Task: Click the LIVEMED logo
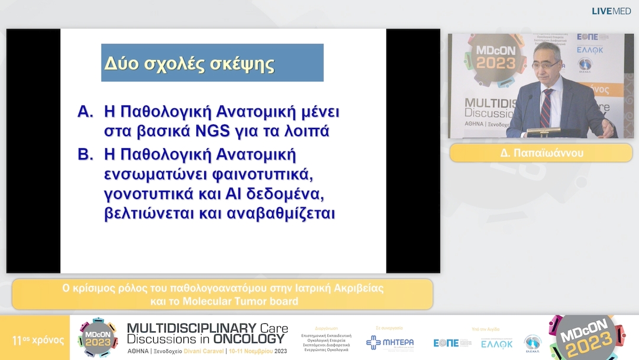pos(611,11)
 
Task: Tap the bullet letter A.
pos(86,111)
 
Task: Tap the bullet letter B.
pos(86,155)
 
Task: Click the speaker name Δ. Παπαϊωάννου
pos(541,152)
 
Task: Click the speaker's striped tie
pos(546,106)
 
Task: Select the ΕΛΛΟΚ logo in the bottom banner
pos(496,343)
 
